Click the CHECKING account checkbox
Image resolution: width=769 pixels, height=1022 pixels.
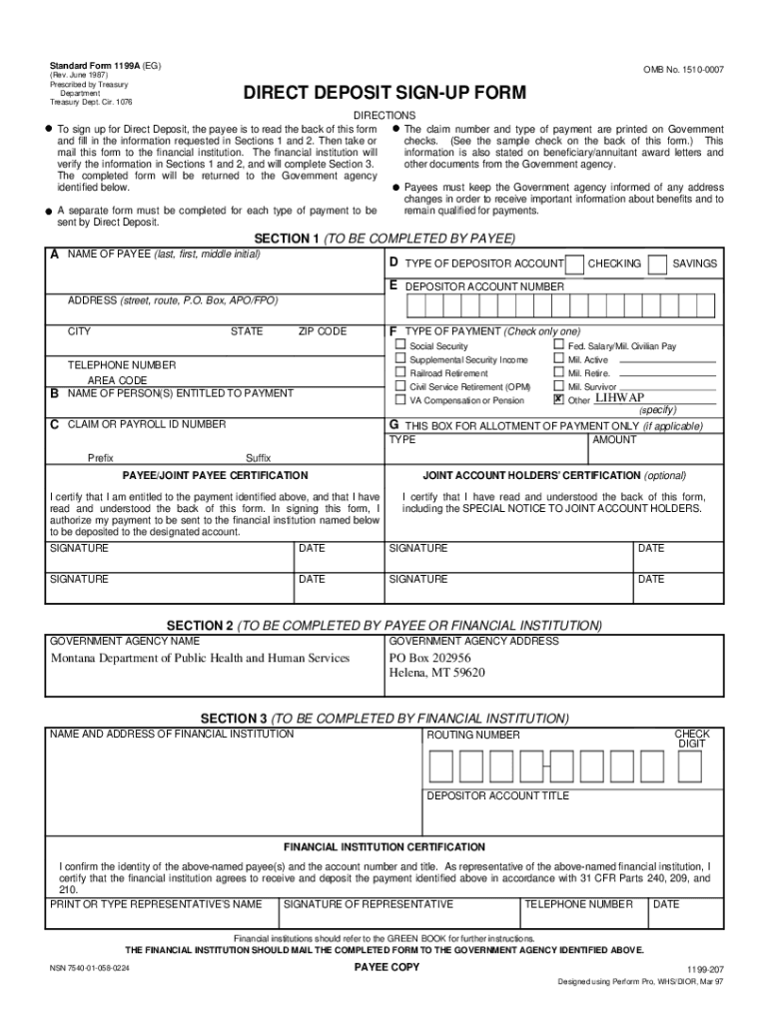[574, 264]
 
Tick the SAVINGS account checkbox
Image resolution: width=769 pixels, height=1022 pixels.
[657, 264]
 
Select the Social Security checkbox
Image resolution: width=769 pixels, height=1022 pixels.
[400, 345]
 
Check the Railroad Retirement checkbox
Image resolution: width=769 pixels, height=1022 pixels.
[400, 372]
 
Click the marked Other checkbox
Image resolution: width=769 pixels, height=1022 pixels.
[558, 399]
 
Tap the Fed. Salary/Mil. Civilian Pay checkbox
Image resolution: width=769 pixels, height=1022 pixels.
[558, 345]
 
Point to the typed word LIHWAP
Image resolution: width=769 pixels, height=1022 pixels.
[619, 398]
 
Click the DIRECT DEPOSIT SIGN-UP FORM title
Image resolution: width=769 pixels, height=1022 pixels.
[384, 94]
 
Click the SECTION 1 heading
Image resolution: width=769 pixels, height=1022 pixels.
[384, 239]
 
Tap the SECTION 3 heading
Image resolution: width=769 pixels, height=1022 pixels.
[384, 719]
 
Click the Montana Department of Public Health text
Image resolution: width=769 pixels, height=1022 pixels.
[200, 658]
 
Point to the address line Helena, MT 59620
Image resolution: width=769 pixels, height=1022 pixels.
[436, 673]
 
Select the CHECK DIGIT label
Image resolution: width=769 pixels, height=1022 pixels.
[692, 739]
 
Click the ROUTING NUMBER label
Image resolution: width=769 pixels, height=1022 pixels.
[473, 735]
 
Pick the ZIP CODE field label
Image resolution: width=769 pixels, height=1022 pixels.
[323, 331]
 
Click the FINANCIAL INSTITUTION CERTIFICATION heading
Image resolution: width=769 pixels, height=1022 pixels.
[384, 846]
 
